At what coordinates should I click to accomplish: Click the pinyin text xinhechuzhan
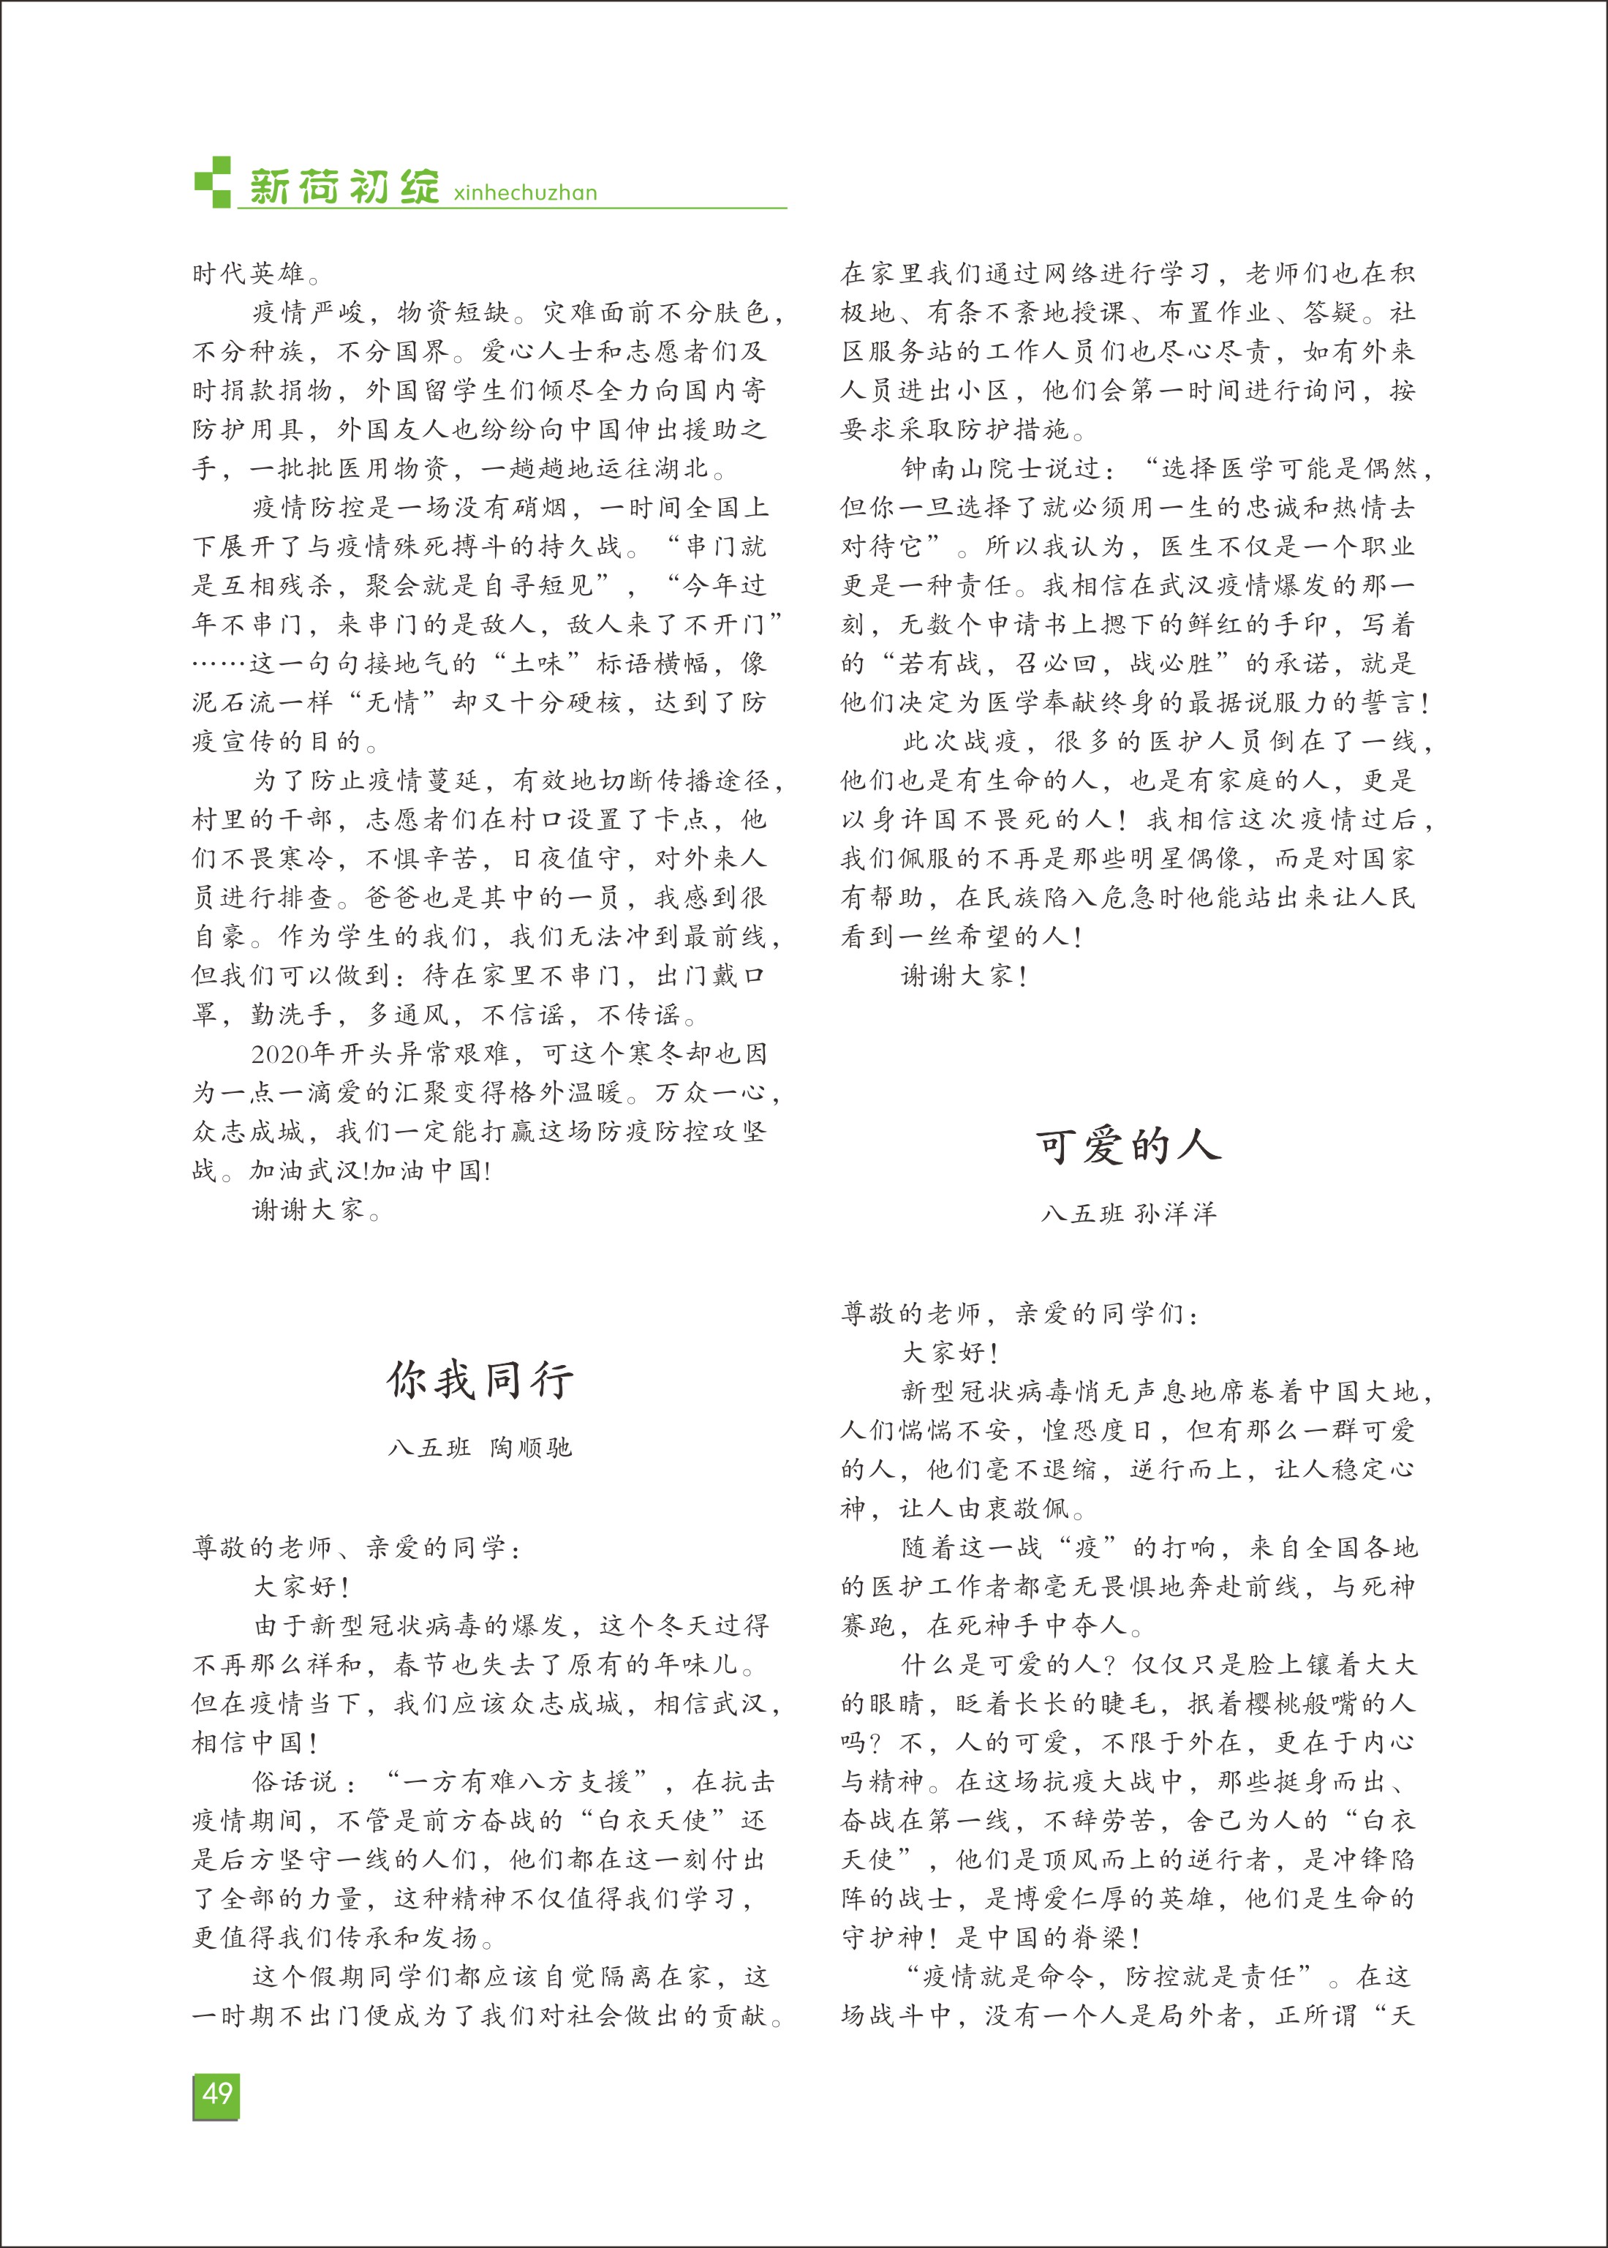point(525,192)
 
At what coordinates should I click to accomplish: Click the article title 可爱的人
point(1129,1146)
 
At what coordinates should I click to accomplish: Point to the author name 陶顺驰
point(531,1448)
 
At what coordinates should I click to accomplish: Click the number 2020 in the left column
point(280,1053)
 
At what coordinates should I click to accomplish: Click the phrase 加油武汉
point(307,1170)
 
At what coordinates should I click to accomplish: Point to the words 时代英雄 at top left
point(249,274)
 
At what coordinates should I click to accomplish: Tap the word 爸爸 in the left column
point(394,897)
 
